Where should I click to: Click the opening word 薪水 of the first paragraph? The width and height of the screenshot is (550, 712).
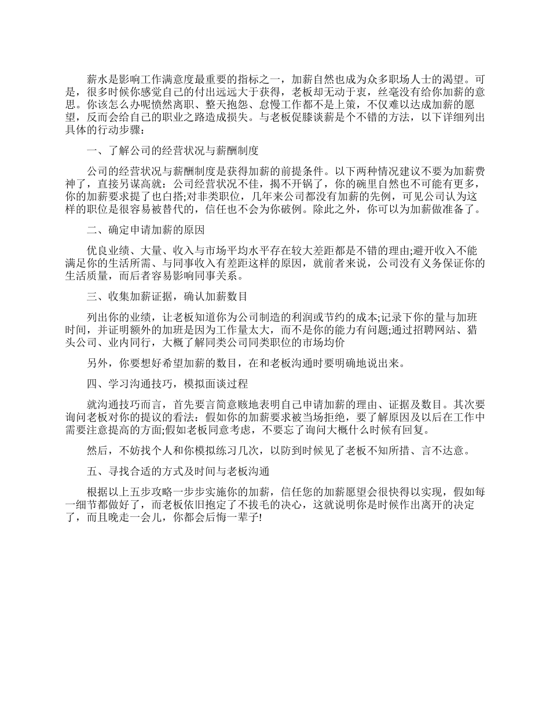point(97,78)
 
